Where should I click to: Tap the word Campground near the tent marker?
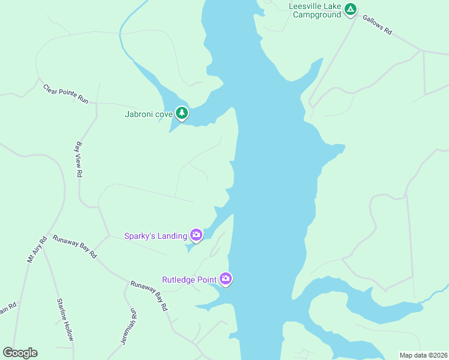point(317,14)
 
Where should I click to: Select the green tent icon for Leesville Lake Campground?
point(351,10)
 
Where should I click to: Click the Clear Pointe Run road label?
point(65,94)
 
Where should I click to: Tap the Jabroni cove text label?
point(149,113)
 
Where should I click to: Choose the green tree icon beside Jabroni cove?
point(182,113)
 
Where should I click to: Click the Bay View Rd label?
point(79,159)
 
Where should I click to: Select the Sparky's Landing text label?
point(155,236)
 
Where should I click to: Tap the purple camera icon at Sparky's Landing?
point(196,235)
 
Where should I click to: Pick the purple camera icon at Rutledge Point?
point(226,278)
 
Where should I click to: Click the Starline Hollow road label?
point(65,319)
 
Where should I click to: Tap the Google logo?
point(20,353)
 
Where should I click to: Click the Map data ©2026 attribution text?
point(423,355)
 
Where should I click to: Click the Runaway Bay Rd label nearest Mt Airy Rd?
point(74,246)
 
